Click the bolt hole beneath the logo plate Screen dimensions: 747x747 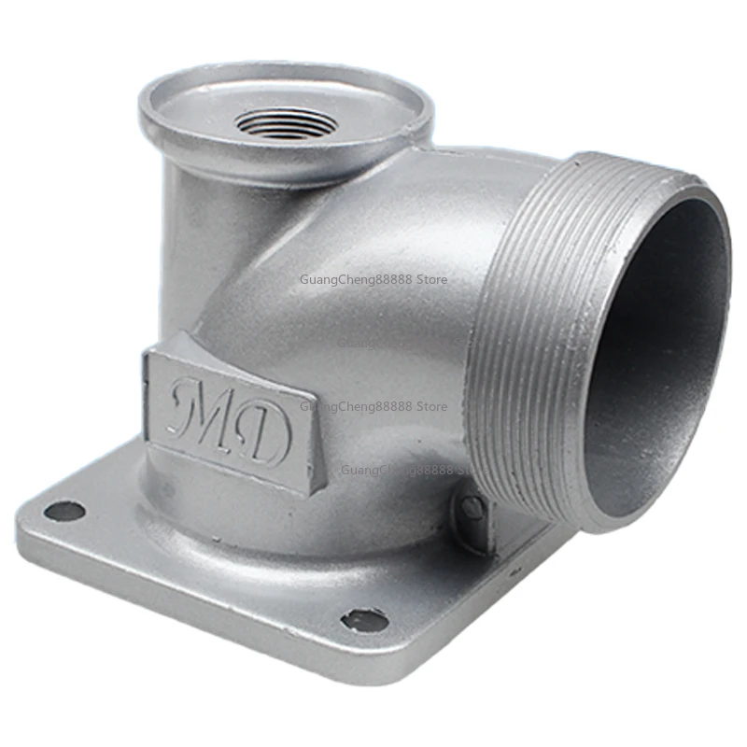pyautogui.click(x=64, y=511)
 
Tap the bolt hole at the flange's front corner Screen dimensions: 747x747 pyautogui.click(x=364, y=620)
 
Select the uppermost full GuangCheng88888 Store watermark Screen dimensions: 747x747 pyautogui.click(x=373, y=279)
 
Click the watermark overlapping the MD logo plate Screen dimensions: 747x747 pyautogui.click(x=373, y=406)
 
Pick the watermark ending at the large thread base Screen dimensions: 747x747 pyautogui.click(x=411, y=471)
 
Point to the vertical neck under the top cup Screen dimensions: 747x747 pyautogui.click(x=187, y=243)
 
